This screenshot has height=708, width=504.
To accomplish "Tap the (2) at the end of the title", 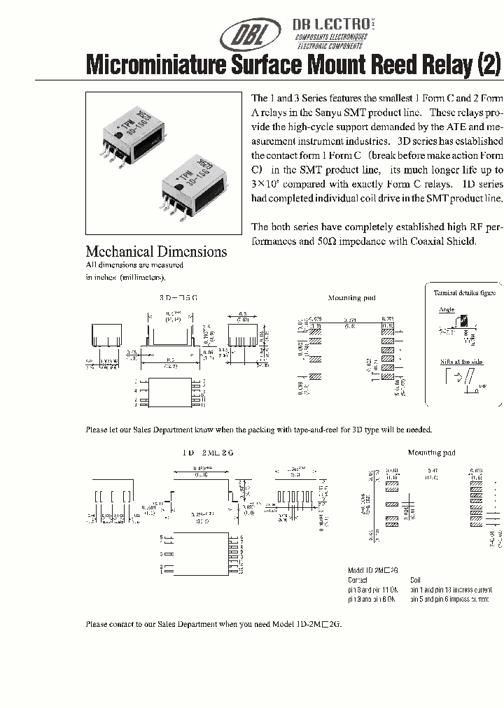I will [x=488, y=66].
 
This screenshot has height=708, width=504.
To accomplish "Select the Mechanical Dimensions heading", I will [x=156, y=252].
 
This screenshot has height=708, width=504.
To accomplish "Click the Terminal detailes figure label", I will [x=464, y=293].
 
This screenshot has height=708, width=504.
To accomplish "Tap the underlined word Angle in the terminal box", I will [x=446, y=309].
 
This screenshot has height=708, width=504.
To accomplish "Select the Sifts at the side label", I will [x=461, y=361].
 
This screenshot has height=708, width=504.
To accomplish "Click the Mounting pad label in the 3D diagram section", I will [x=351, y=298].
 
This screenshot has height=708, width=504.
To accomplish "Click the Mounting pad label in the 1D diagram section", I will [x=431, y=453].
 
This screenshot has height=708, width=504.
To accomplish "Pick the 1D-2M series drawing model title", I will [x=208, y=453].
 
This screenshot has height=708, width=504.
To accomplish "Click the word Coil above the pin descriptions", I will [x=416, y=580].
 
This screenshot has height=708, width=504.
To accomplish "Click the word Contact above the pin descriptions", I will [x=358, y=580].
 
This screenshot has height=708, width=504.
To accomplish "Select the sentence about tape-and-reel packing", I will [x=258, y=430].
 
